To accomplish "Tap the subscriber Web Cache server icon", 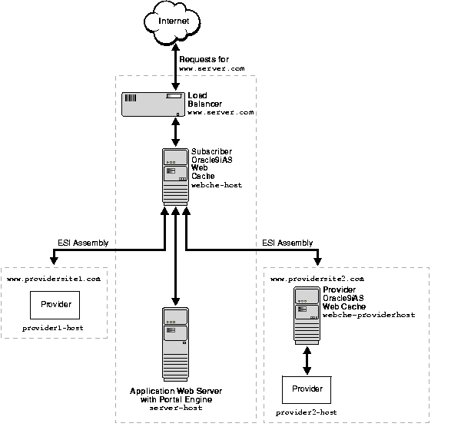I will pos(175,176).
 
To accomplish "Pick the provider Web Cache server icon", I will pos(307,315).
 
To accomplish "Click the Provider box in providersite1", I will pos(54,305).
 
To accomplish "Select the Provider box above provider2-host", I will pos(307,390).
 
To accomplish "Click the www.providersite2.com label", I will pos(317,278).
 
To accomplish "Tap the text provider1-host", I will pos(53,329).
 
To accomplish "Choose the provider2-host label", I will pos(307,412).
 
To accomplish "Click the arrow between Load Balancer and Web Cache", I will pos(175,131).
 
